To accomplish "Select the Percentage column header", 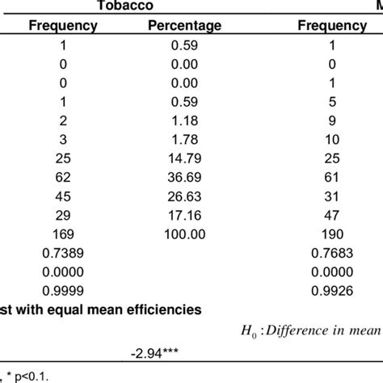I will (x=185, y=26).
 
